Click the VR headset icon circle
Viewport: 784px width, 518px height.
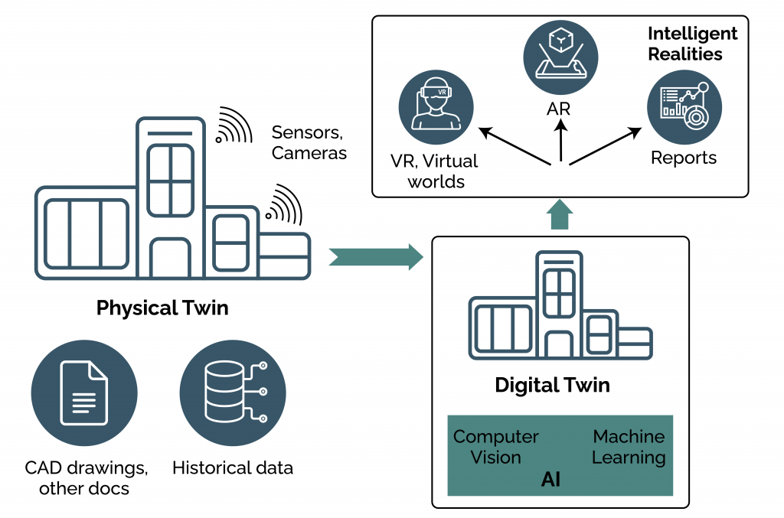[x=436, y=106]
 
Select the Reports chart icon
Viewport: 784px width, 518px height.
[x=684, y=106]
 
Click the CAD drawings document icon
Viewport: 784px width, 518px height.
[x=84, y=394]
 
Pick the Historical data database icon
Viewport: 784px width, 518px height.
[x=233, y=394]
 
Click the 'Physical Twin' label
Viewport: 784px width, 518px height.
[x=162, y=308]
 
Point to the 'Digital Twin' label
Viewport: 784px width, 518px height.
[x=552, y=384]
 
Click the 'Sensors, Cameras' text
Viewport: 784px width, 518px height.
[x=309, y=142]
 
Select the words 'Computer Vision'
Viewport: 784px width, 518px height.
[x=496, y=447]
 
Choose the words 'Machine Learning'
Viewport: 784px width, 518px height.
[x=629, y=447]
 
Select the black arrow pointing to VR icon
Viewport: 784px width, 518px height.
[x=517, y=145]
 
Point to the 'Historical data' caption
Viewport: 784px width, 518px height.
[x=233, y=468]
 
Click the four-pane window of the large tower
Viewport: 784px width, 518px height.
[x=170, y=180]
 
